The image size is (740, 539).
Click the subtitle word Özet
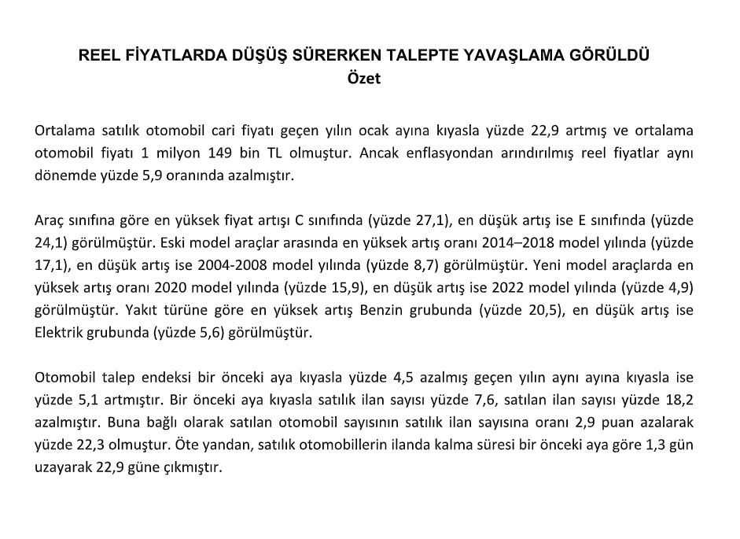[363, 79]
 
